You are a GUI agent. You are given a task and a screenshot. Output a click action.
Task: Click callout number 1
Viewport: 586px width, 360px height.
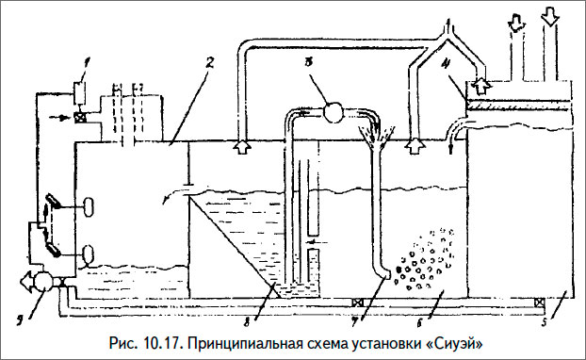(x=87, y=64)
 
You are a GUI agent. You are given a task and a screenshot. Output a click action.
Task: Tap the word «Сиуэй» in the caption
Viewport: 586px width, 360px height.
(x=456, y=343)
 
